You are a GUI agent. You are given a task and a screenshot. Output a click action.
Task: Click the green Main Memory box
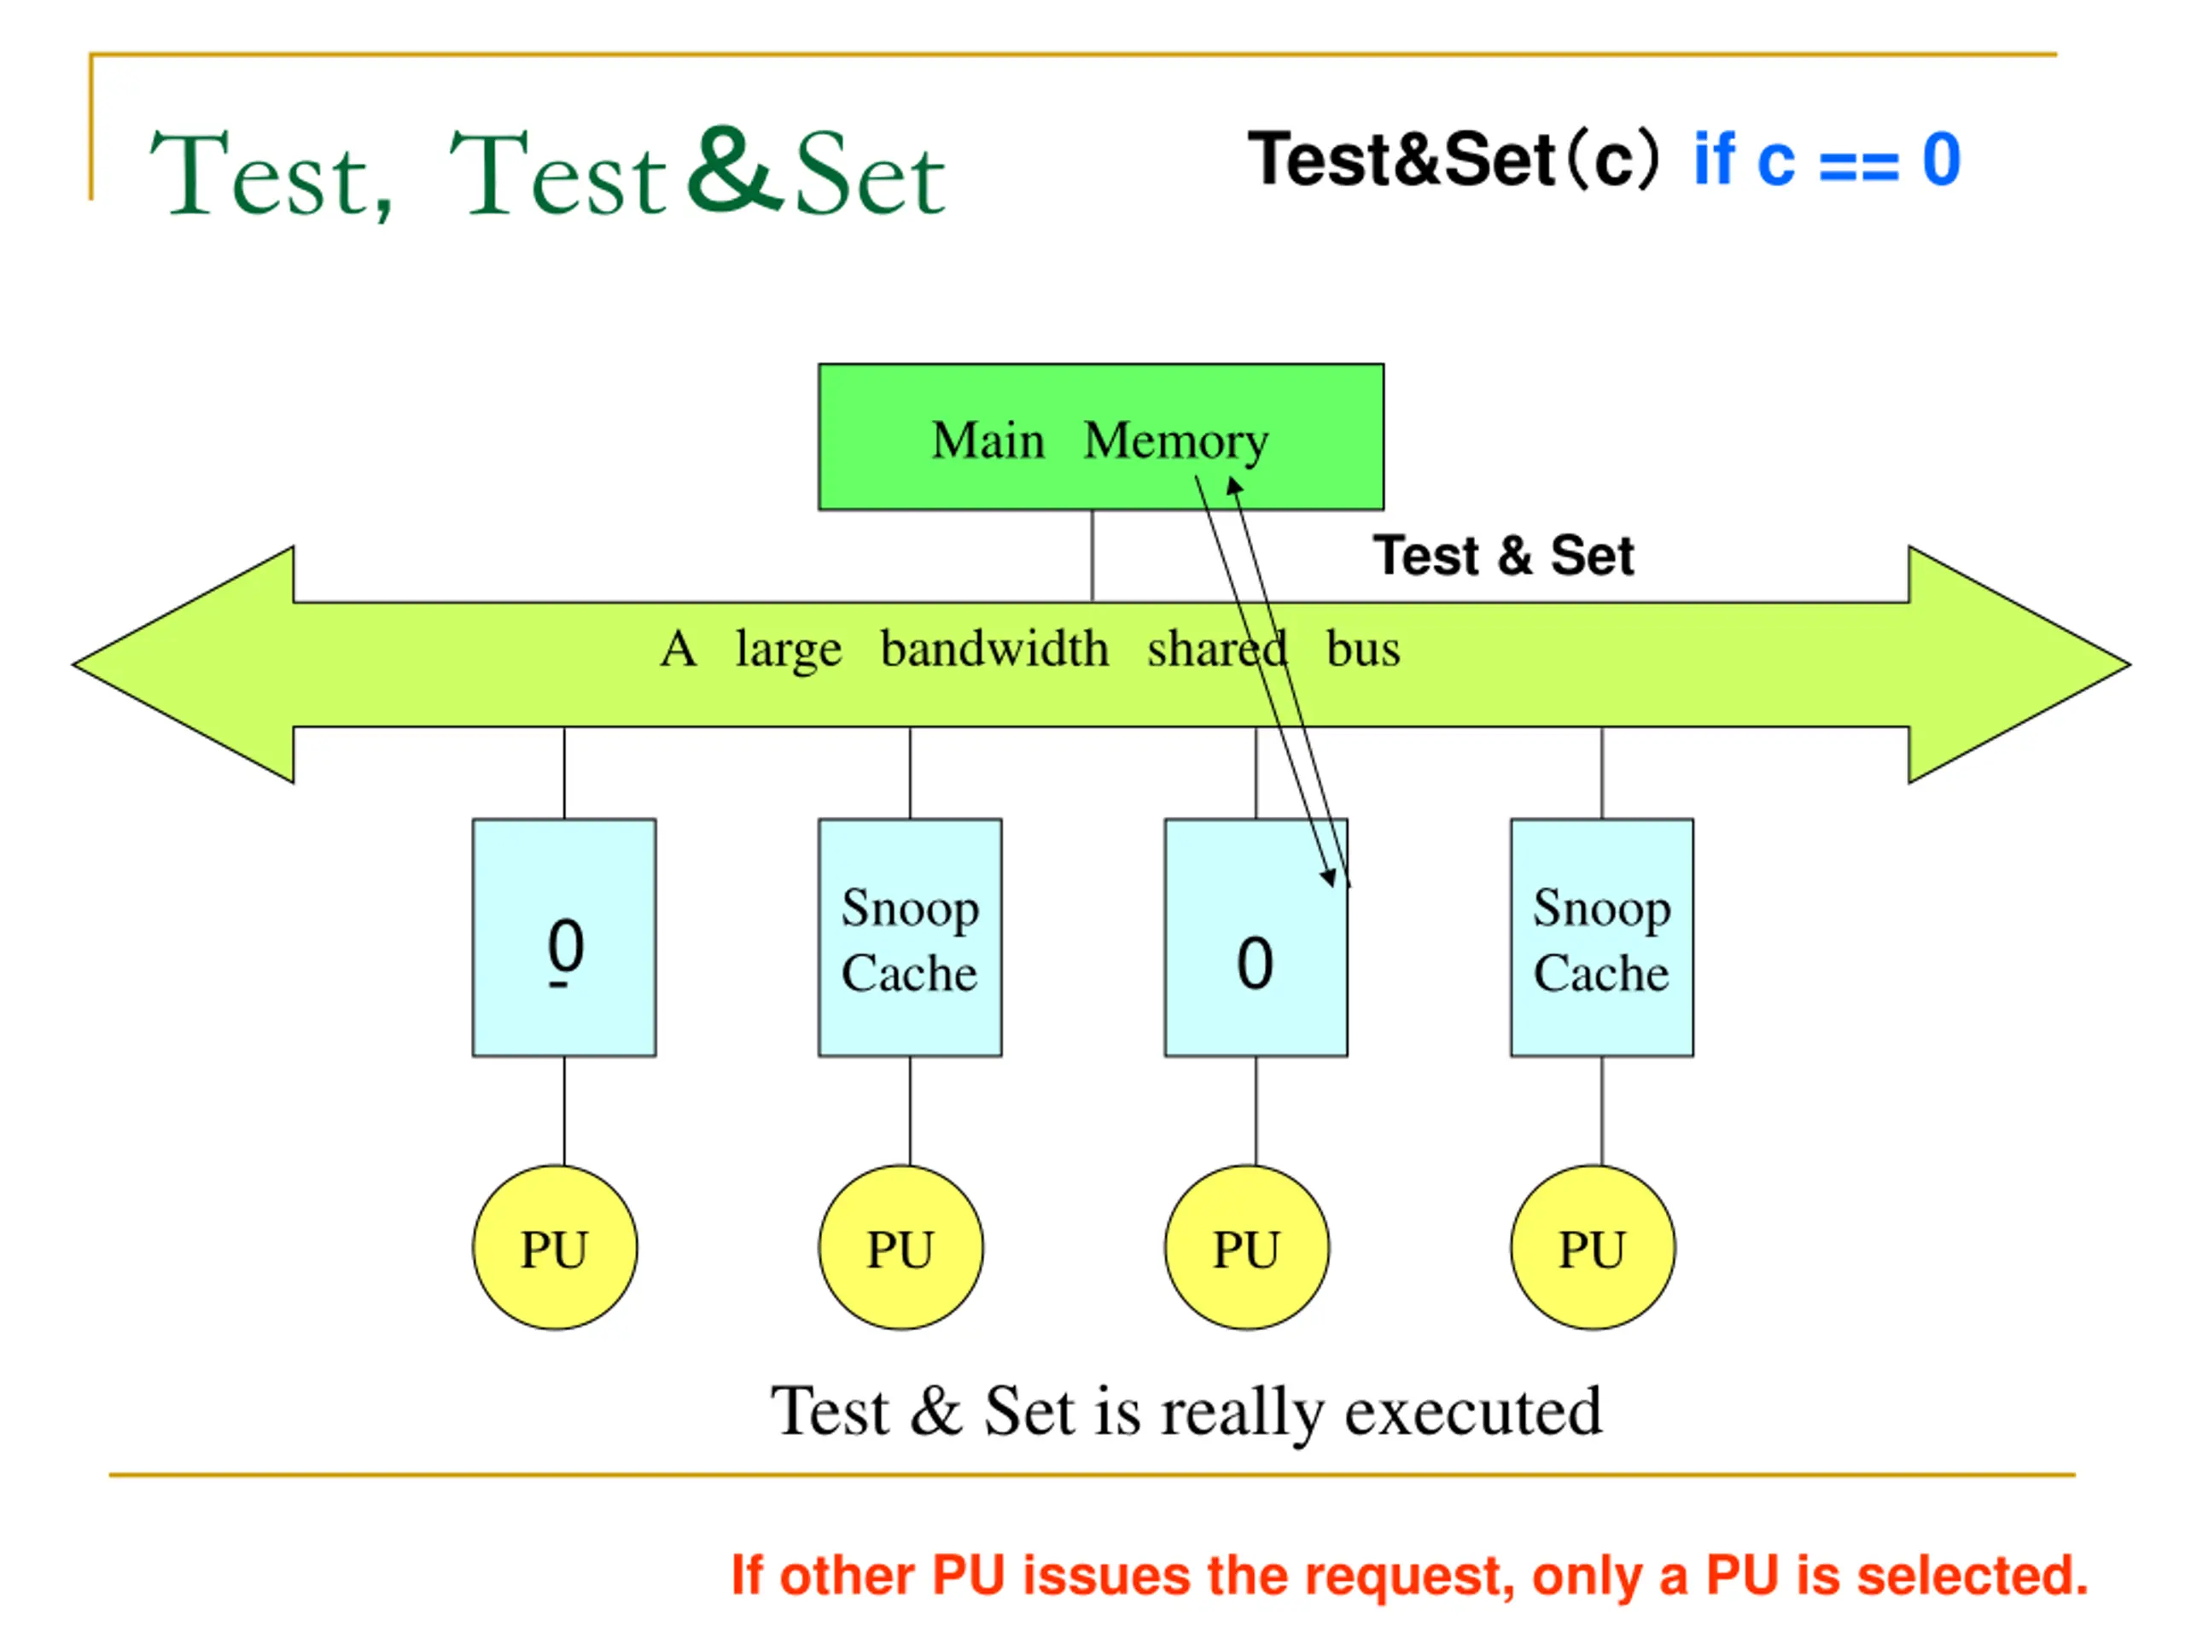coord(1100,437)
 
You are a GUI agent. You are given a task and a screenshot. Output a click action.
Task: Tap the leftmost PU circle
coord(554,1247)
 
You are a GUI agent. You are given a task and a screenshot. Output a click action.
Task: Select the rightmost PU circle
coord(1593,1247)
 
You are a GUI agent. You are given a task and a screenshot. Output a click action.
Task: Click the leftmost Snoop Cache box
coord(910,937)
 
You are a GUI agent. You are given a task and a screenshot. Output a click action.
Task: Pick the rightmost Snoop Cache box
coord(1601,937)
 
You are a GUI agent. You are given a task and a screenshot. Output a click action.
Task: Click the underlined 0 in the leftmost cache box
coord(565,950)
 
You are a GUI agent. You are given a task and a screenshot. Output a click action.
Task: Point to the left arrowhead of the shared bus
coord(184,665)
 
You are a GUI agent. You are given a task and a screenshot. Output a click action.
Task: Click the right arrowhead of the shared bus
coord(2019,665)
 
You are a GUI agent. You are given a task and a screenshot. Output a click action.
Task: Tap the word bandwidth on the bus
coord(994,649)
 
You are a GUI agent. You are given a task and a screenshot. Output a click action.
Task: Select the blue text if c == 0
coord(1827,159)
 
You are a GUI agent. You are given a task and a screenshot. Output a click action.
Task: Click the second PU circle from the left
coord(900,1247)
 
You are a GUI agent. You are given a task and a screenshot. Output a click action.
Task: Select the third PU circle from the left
coord(1247,1247)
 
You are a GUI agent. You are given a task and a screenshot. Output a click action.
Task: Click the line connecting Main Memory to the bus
coord(1092,555)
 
